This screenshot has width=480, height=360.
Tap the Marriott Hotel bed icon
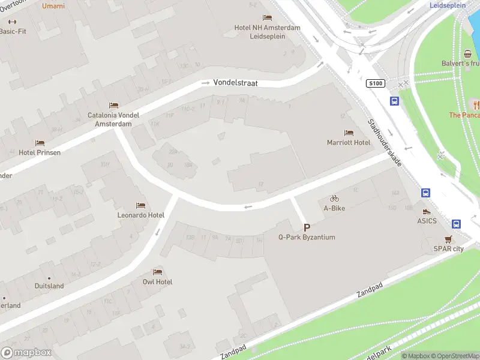click(349, 133)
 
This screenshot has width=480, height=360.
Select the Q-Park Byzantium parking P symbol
click(307, 227)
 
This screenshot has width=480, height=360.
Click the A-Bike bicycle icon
click(334, 198)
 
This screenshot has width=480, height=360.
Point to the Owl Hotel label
click(157, 282)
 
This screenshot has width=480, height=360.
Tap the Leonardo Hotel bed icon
click(140, 205)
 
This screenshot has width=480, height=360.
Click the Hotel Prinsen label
click(39, 152)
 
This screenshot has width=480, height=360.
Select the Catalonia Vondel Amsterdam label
click(113, 119)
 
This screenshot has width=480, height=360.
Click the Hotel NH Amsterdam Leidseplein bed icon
click(268, 17)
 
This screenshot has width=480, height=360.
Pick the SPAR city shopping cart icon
click(448, 239)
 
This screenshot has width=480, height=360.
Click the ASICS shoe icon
click(427, 211)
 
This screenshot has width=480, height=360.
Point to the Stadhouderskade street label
click(385, 142)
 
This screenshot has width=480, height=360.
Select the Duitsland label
click(49, 286)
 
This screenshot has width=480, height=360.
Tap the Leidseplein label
click(448, 5)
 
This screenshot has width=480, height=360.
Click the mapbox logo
click(26, 353)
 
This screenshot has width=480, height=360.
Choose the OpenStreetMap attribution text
click(457, 356)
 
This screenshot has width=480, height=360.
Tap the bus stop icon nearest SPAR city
click(456, 224)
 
